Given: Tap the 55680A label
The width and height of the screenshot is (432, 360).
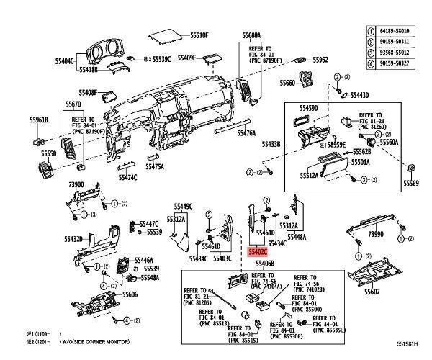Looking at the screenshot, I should click(x=251, y=35).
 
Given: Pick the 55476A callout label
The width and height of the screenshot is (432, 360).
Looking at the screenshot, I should click(x=246, y=133).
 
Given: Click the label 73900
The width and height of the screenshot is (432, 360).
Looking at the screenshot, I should click(x=77, y=185).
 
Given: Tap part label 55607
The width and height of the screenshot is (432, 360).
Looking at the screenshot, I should click(x=372, y=292).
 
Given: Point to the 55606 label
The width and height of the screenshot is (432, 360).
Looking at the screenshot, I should click(x=130, y=294).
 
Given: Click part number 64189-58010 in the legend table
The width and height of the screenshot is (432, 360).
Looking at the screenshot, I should click(x=401, y=31).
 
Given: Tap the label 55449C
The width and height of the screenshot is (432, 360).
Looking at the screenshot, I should click(x=183, y=206).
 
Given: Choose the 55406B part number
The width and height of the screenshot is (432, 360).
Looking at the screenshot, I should click(x=265, y=264).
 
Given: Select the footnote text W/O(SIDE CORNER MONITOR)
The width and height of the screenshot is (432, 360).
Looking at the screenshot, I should click(x=94, y=343).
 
